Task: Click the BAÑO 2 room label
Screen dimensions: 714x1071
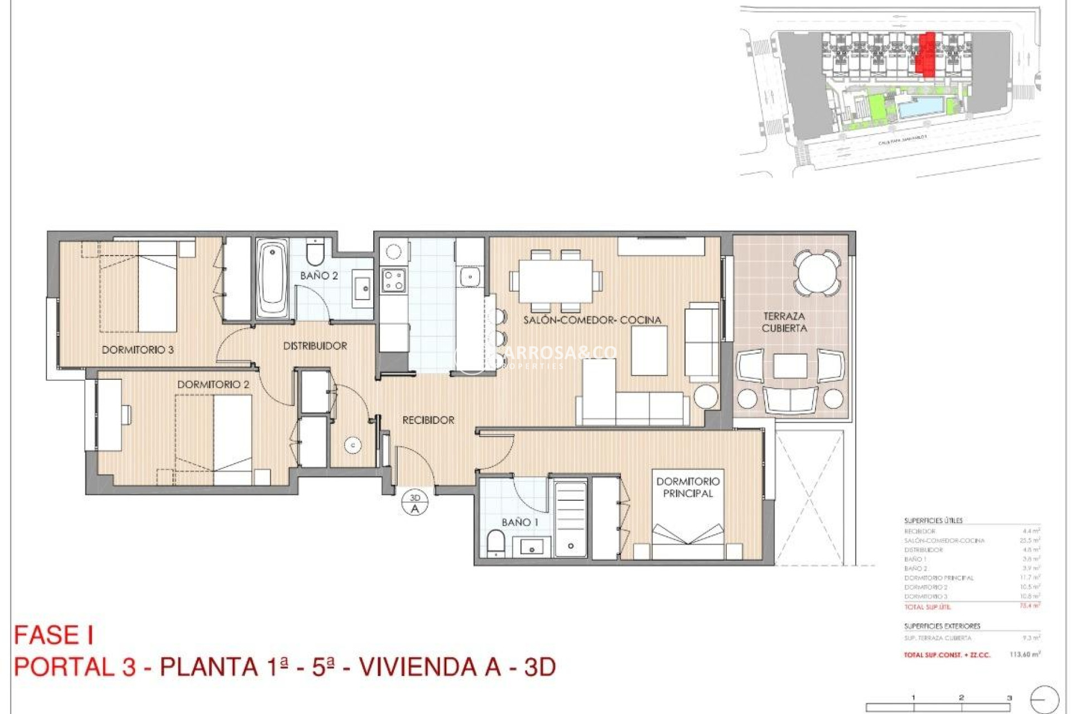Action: pos(319,276)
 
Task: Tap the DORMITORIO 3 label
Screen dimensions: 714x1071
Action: pos(137,350)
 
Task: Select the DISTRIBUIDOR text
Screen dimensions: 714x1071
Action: pos(315,346)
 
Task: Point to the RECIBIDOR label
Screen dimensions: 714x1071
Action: pos(428,420)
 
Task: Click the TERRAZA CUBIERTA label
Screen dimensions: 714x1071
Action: pos(784,322)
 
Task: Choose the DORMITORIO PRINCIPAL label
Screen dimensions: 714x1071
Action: pos(687,487)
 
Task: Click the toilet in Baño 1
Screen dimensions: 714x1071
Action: pos(495,543)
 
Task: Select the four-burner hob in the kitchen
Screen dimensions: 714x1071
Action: pos(393,280)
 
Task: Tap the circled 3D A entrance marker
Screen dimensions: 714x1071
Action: pos(414,503)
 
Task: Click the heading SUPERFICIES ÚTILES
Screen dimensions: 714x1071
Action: pos(933,520)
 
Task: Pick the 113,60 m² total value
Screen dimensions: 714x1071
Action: pos(1025,654)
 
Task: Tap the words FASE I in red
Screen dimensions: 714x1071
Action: pos(54,635)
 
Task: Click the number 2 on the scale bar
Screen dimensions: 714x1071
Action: pos(961,697)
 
